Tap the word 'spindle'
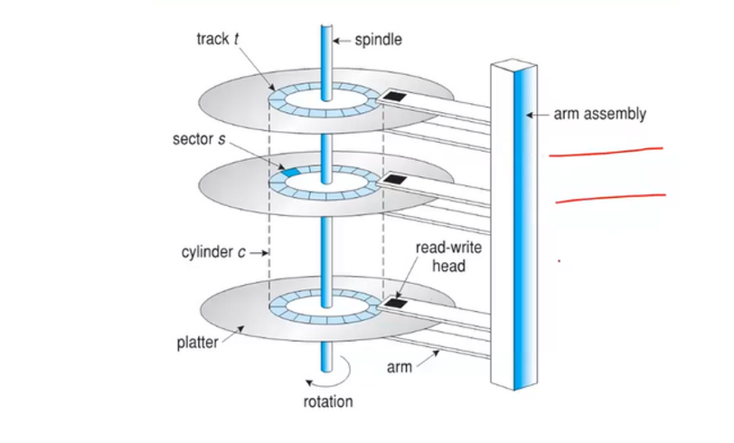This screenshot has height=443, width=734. pos(377,40)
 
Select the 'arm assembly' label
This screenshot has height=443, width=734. pos(600,115)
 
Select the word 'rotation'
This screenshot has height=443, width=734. pos(328,401)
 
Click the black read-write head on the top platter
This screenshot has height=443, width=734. pos(395,96)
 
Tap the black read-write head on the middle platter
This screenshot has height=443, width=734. pos(395,181)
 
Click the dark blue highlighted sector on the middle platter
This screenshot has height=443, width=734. pos(292,172)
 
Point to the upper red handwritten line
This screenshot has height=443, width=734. pos(606,153)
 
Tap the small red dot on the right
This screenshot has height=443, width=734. pos(559,262)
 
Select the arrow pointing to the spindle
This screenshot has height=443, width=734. pos(343,40)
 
